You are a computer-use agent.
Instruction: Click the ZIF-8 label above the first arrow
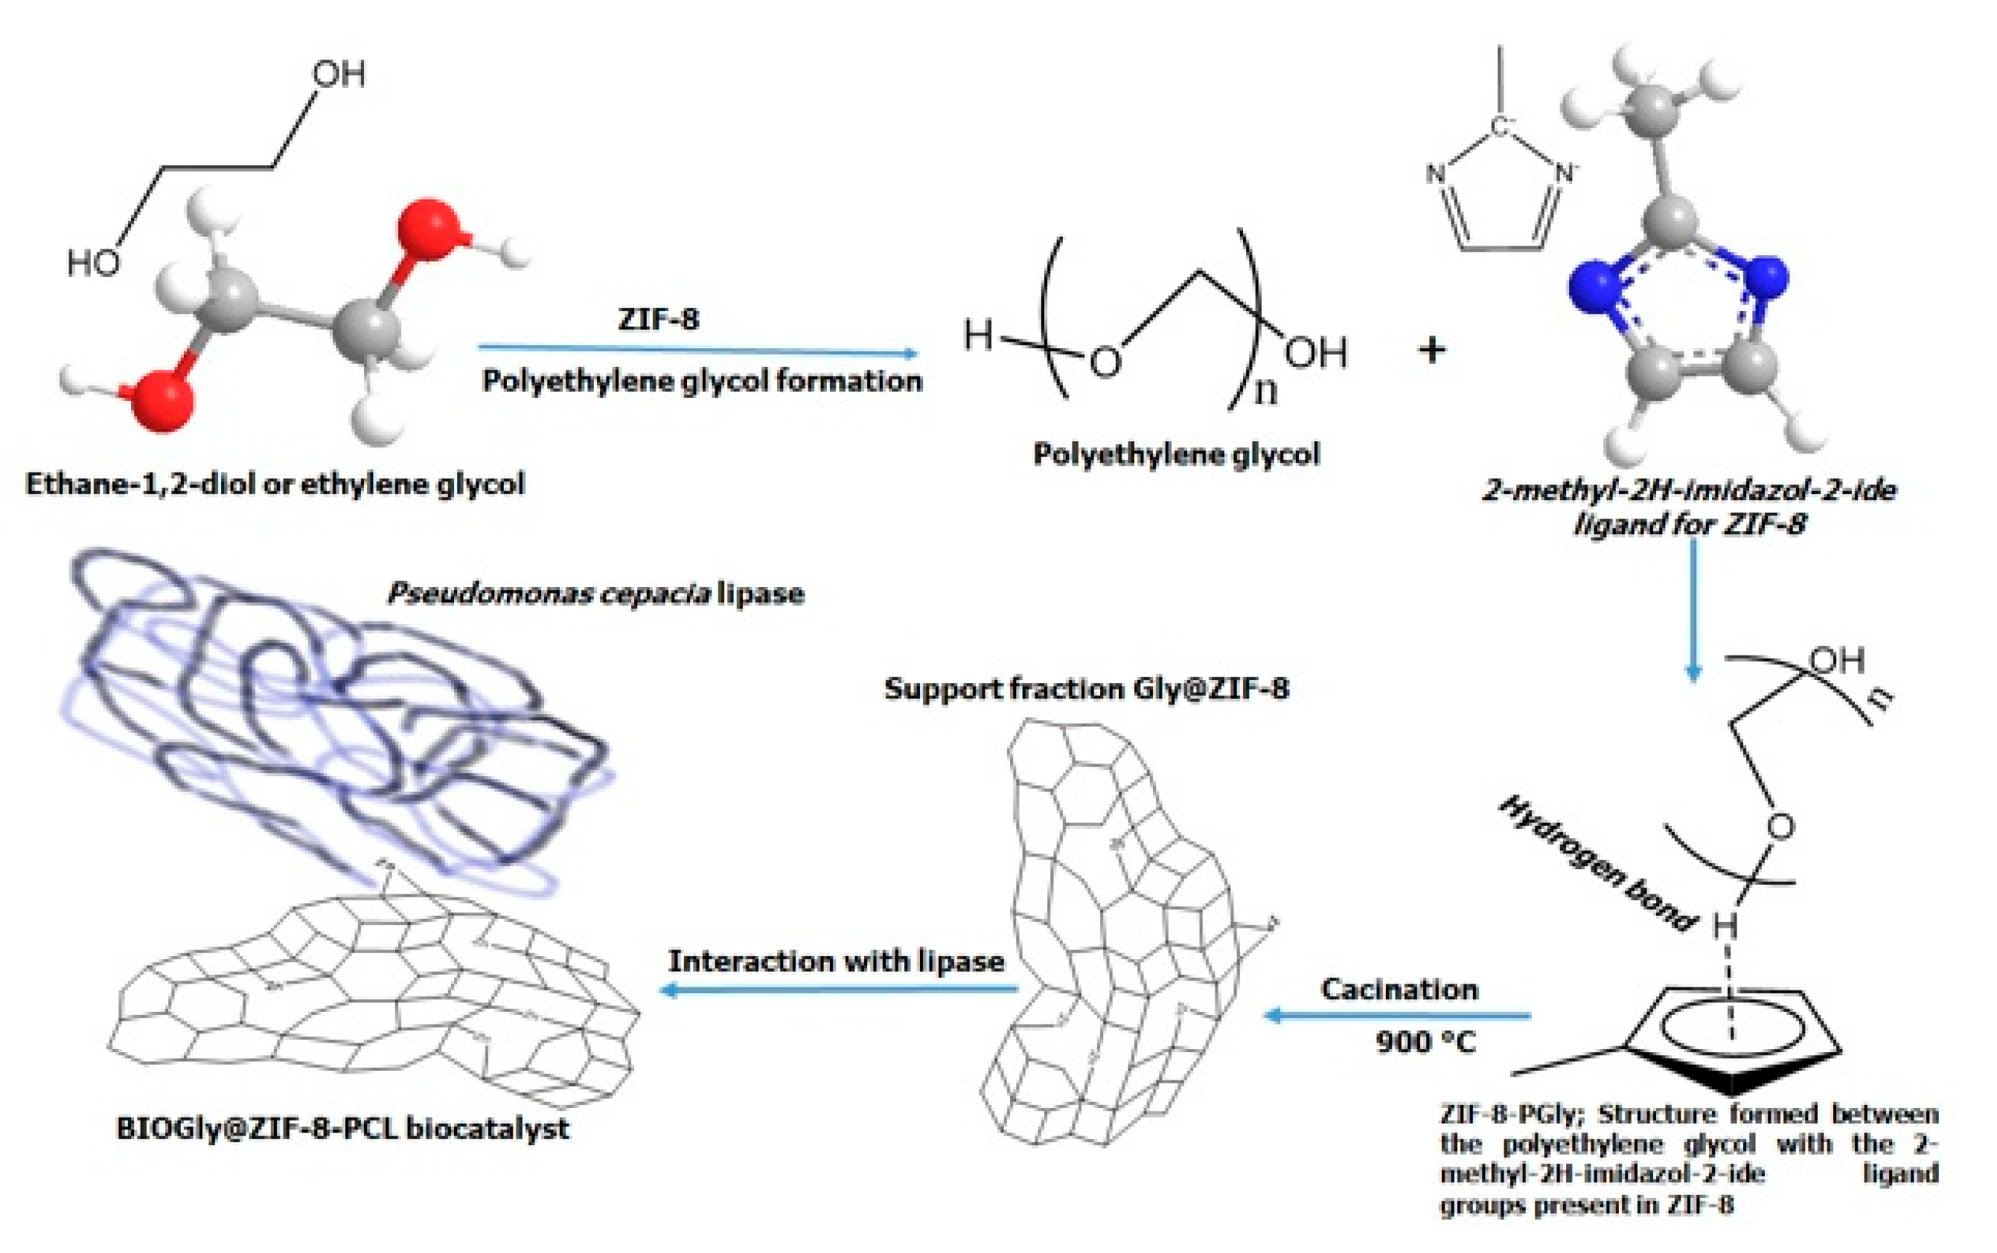point(658,319)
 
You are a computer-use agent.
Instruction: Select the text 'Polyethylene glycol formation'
point(702,381)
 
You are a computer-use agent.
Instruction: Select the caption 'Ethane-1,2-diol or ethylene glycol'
point(275,484)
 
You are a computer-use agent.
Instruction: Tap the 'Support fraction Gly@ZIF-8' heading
point(1086,689)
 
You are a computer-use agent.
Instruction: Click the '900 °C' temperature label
point(1426,1042)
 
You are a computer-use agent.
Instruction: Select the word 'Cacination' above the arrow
point(1399,990)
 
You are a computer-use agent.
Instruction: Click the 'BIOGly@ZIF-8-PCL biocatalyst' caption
point(342,1129)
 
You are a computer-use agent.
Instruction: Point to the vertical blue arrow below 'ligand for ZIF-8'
point(1693,609)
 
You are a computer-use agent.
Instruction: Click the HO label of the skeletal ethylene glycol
point(93,263)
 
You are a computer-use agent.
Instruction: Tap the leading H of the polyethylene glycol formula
point(977,336)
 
